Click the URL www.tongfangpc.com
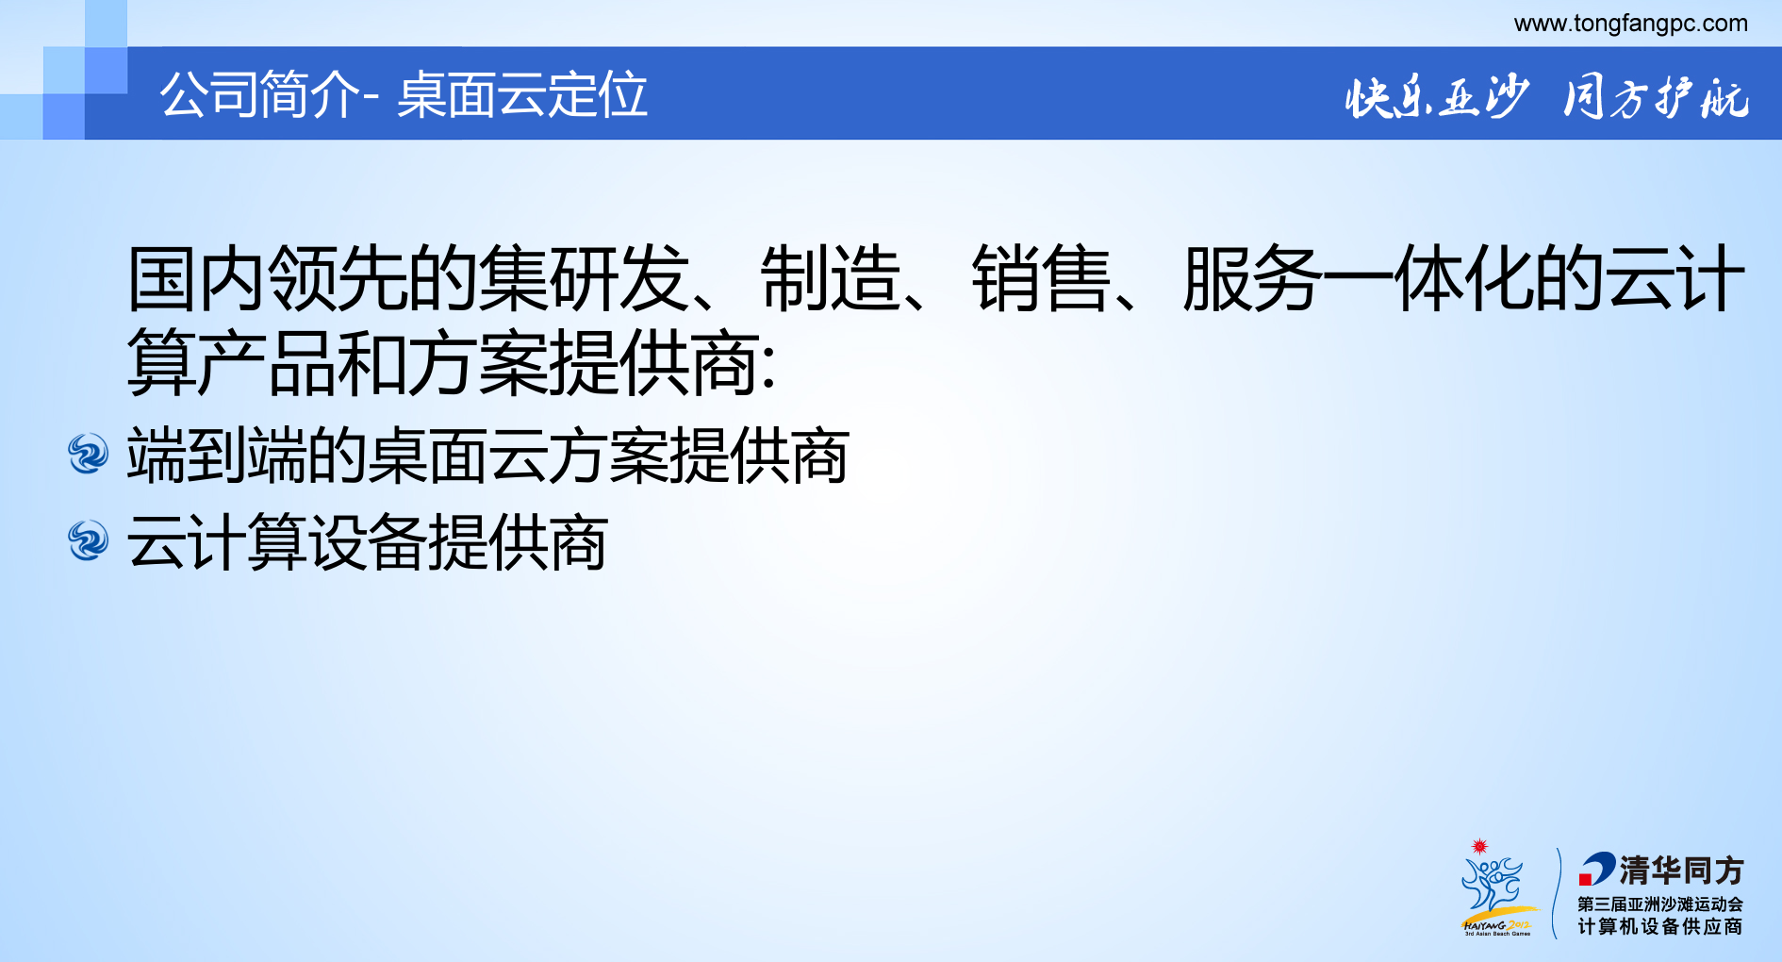[1630, 24]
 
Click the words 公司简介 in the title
[259, 95]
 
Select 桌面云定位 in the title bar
[522, 95]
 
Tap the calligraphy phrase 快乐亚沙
[1435, 97]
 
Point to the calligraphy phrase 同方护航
[1656, 97]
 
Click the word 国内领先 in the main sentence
[268, 278]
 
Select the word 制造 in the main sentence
[831, 278]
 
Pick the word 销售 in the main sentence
[1042, 278]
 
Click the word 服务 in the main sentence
[1252, 278]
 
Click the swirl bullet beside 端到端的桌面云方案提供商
[89, 454]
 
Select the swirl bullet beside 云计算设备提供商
[89, 540]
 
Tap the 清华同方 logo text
[1681, 870]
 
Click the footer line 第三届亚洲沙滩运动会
[1659, 904]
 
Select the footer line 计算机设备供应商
[1659, 927]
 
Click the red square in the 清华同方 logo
[1586, 880]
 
